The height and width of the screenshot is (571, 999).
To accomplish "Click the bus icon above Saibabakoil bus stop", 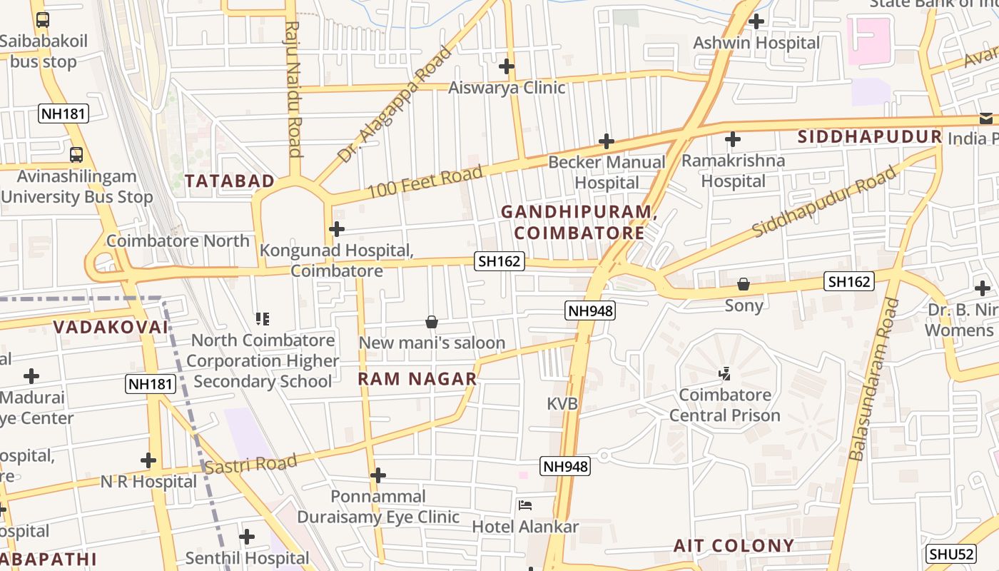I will pos(43,20).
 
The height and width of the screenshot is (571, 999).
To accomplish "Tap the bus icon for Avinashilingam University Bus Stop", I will pos(76,154).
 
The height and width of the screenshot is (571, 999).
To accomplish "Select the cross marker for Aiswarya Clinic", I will pos(507,66).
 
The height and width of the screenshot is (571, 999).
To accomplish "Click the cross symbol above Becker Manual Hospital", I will pos(607,141).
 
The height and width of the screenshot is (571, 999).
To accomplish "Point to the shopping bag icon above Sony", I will pos(744,284).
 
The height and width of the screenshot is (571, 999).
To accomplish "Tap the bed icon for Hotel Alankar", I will pos(525,506).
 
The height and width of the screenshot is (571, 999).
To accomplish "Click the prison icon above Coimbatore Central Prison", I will pos(725,373).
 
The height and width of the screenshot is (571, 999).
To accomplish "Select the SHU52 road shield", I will pos(951,554).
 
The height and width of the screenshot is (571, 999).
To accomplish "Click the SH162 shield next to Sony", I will pos(848,281).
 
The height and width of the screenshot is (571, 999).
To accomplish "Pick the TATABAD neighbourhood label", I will pos(230,181).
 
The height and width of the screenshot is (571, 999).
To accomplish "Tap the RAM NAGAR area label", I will pos(417,379).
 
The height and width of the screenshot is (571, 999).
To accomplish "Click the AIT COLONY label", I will pos(734,546).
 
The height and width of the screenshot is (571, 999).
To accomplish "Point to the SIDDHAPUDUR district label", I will pos(870,137).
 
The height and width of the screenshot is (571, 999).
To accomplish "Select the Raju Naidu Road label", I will pos(293,89).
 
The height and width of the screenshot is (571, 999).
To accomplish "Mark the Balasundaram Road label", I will pos(872,379).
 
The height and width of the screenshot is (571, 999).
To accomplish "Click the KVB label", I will pos(562,404).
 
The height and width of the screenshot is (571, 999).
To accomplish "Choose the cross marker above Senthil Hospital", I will pos(247,536).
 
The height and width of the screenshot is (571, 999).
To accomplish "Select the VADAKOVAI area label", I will pos(111,328).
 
